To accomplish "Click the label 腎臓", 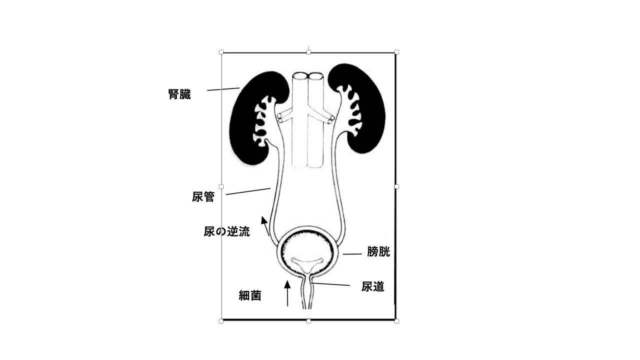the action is (x=179, y=94).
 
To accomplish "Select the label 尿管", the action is (x=203, y=197).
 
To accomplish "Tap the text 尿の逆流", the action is (x=226, y=231).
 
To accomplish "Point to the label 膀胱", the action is (x=378, y=252).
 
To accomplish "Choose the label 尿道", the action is (x=373, y=286).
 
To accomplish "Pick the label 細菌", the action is (x=250, y=295).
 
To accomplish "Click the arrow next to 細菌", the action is (x=287, y=293).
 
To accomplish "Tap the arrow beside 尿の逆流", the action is (x=265, y=226).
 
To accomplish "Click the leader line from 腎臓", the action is (x=223, y=89).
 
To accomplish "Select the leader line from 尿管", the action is (x=248, y=191).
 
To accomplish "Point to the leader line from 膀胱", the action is (x=352, y=254).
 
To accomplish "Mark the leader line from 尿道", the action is (x=330, y=284).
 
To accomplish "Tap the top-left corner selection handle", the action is (x=221, y=52).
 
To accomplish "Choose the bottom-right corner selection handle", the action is (x=396, y=321).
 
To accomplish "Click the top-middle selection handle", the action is (x=308, y=52).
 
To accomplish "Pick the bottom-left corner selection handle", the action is (x=221, y=321).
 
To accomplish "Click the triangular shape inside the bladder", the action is (x=307, y=264).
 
